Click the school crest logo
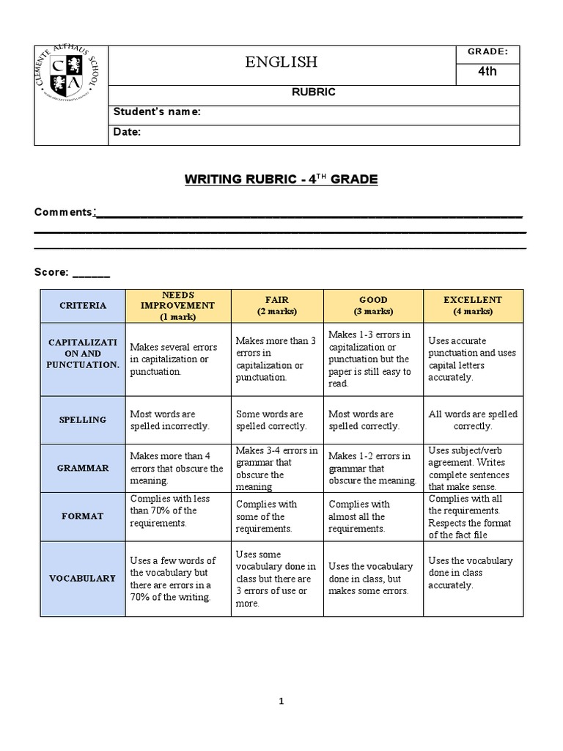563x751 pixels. tap(70, 75)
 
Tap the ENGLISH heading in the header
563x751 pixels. tap(281, 62)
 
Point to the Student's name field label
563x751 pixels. tap(156, 112)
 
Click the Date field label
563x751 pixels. tap(127, 132)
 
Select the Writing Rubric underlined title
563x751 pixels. tap(281, 179)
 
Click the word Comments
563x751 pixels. tap(63, 212)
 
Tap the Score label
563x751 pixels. tap(51, 272)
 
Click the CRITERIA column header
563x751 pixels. tap(83, 306)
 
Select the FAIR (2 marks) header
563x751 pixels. tap(276, 306)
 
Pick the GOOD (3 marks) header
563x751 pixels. tap(373, 306)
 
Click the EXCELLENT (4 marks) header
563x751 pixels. tap(473, 306)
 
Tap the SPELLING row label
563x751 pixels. tap(83, 420)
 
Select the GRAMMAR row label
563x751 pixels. tap(83, 468)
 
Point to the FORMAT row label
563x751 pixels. tap(83, 516)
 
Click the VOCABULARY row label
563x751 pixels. tap(83, 578)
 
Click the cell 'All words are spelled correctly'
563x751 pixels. tap(473, 420)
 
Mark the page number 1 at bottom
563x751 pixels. tap(281, 701)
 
